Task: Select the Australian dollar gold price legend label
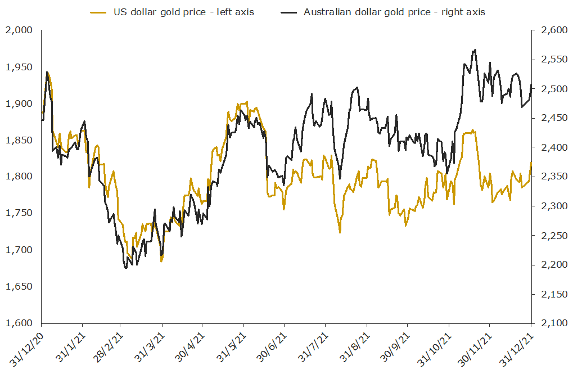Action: click(x=394, y=12)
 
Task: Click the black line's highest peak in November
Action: click(x=476, y=49)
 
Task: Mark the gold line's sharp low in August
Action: click(x=340, y=232)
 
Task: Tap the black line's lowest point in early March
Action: click(x=126, y=268)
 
